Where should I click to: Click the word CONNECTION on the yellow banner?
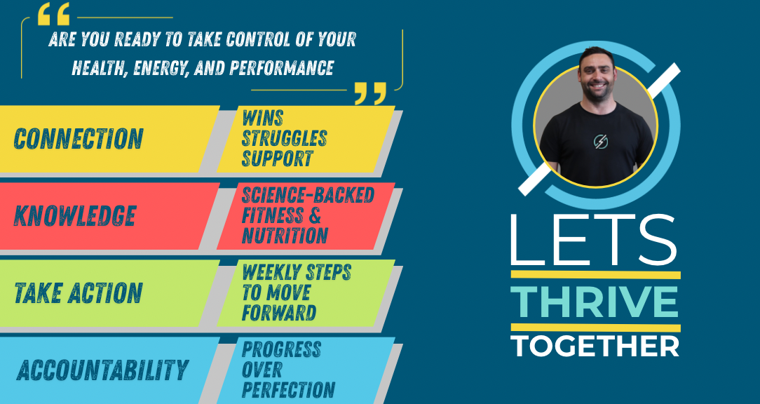[x=79, y=139]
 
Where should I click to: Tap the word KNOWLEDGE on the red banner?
[x=74, y=216]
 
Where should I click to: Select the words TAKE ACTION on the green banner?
[x=79, y=293]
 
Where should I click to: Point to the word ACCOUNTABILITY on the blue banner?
[x=102, y=370]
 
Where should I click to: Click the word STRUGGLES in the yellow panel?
[x=284, y=138]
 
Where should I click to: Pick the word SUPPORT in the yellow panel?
[x=277, y=159]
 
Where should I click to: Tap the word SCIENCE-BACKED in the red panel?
[x=308, y=195]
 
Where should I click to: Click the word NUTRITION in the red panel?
[x=285, y=236]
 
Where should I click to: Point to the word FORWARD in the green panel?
[x=279, y=313]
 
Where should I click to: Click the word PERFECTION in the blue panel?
[x=288, y=390]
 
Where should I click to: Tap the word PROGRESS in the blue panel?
[x=281, y=349]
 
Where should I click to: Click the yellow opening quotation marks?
[x=53, y=13]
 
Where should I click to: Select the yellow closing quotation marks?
[x=371, y=93]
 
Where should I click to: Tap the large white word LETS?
[x=593, y=241]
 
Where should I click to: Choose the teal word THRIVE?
[x=595, y=302]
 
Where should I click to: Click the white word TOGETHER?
[x=595, y=346]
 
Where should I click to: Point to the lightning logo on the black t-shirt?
[x=601, y=142]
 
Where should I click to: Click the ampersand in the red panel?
[x=315, y=215]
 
